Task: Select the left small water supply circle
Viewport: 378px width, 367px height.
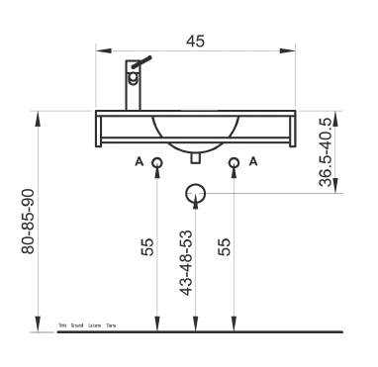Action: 156,163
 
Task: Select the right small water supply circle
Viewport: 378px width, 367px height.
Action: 235,163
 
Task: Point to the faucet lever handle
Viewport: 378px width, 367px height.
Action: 144,61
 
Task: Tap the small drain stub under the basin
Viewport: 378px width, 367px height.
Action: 196,156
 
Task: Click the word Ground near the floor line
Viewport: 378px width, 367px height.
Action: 77,324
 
